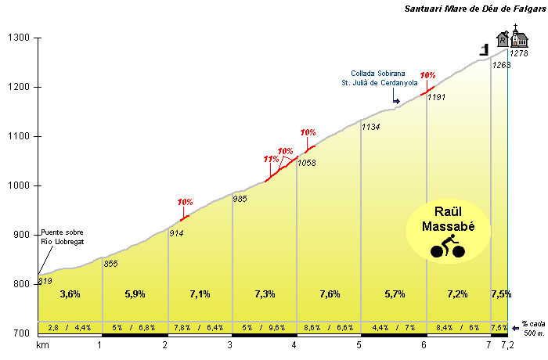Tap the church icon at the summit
517,37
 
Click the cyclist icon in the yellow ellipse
447,250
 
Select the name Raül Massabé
449,221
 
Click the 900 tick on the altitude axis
20,235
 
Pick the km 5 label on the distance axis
359,345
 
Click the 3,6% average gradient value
70,294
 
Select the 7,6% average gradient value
329,294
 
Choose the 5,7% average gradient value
394,294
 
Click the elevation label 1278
519,53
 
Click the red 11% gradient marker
271,160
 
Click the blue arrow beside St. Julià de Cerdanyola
396,100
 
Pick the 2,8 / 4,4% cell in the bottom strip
70,327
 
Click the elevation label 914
178,233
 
